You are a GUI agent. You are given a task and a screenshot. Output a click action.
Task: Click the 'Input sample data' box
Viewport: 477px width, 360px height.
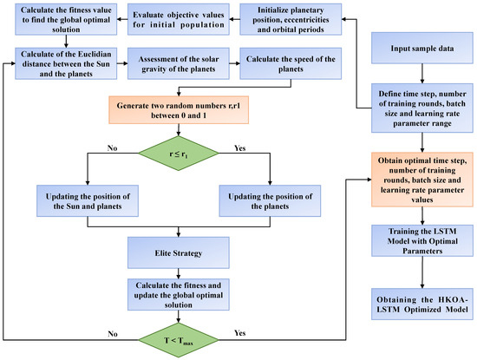(x=422, y=48)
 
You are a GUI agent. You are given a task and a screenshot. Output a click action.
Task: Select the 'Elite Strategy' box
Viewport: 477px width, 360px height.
(x=179, y=253)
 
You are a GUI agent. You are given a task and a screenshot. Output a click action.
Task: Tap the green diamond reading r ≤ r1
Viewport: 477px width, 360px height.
(x=179, y=154)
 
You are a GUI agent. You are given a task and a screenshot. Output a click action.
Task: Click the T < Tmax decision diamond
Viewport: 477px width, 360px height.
(x=179, y=340)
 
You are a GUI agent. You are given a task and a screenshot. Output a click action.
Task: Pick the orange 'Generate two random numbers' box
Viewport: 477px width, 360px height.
(x=179, y=110)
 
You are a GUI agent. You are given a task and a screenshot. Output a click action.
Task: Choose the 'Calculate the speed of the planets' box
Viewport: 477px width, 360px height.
(x=291, y=63)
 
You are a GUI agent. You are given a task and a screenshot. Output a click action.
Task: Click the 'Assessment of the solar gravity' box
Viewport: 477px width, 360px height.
(x=179, y=63)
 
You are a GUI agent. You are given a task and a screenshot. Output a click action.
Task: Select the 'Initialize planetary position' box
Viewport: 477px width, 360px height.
(x=291, y=19)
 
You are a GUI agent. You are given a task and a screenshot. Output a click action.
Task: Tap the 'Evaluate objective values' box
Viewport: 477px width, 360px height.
(x=179, y=19)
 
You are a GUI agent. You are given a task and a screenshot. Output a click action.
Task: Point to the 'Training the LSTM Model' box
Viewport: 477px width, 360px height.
(x=422, y=240)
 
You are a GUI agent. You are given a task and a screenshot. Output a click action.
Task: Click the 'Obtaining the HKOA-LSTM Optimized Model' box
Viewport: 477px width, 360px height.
(x=422, y=304)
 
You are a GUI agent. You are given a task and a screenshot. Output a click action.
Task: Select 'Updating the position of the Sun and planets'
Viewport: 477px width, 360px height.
(x=88, y=201)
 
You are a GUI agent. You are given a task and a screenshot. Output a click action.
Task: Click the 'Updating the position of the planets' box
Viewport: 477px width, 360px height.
(x=270, y=201)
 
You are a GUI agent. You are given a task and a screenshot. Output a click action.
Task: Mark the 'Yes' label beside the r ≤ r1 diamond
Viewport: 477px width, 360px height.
(x=239, y=148)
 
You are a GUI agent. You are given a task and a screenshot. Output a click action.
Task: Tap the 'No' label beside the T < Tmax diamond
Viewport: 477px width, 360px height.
(x=113, y=334)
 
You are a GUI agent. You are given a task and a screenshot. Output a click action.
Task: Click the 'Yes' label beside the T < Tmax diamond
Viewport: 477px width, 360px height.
(x=239, y=333)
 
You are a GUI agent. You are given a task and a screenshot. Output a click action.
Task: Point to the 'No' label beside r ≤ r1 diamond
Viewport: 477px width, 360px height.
(x=112, y=148)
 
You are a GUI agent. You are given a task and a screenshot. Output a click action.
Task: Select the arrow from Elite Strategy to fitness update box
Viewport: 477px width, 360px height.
(x=179, y=273)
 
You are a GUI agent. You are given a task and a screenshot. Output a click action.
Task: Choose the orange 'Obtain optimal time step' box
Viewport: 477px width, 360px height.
(x=422, y=180)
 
